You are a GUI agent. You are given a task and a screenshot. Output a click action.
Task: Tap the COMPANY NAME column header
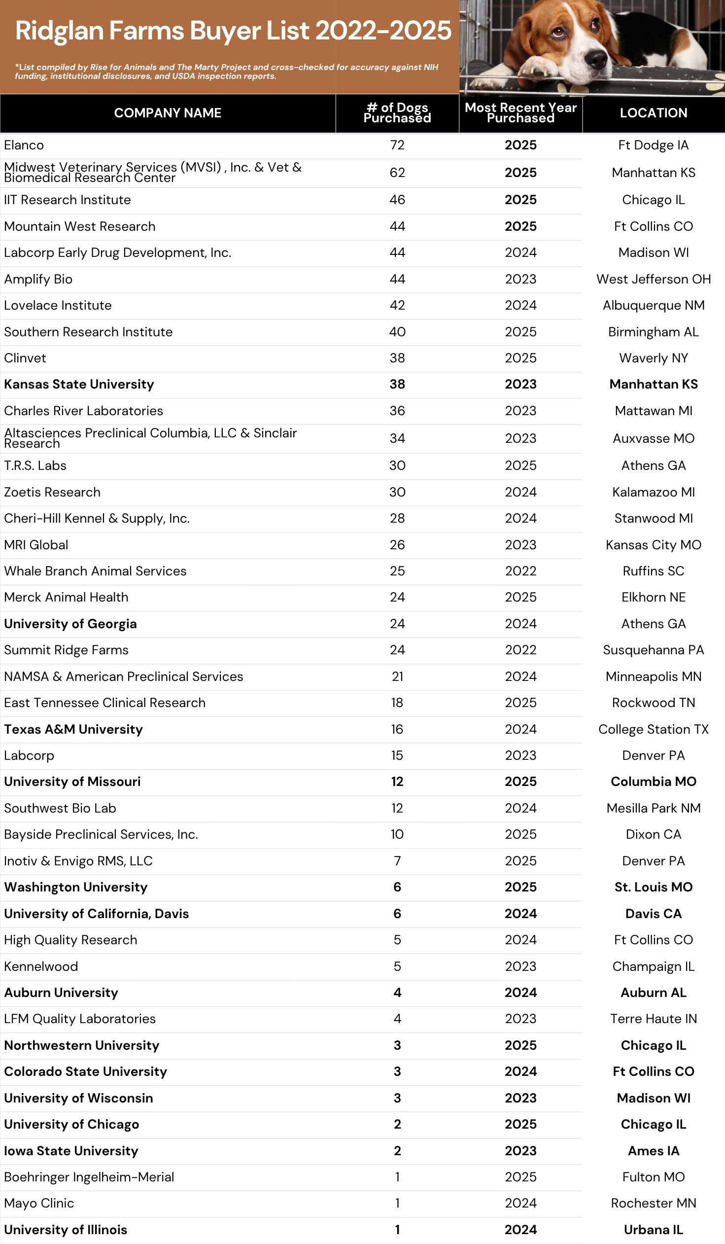pos(167,113)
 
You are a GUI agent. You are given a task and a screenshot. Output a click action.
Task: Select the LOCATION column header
pos(653,113)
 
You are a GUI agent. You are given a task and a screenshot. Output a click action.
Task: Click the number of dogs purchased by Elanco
pos(397,145)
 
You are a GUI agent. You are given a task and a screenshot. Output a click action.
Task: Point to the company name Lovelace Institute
pos(58,306)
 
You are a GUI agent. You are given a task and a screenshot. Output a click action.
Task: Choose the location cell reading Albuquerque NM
pos(653,306)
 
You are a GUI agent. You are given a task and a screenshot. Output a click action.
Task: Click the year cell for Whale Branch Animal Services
pos(520,571)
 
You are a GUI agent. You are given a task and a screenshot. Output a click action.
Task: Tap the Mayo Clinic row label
pos(39,1203)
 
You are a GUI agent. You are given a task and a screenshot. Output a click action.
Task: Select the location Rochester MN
pos(653,1203)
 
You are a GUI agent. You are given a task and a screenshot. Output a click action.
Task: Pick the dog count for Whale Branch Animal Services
pos(397,571)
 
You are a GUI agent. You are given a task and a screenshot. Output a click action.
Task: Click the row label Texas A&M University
pos(73,729)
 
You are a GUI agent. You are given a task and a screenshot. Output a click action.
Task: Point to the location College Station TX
pos(653,729)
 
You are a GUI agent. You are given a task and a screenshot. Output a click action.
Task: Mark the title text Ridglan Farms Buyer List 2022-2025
pos(233,31)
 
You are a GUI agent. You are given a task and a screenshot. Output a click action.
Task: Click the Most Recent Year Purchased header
pos(520,113)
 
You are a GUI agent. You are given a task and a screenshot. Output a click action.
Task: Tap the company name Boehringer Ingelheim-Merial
pos(89,1177)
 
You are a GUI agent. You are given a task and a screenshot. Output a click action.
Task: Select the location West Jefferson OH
pos(653,280)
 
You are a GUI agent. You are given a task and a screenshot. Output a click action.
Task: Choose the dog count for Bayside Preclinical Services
pos(397,834)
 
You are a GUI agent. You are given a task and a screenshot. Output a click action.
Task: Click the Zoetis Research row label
pos(52,492)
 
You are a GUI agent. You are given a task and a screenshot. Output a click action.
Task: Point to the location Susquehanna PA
pos(653,650)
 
